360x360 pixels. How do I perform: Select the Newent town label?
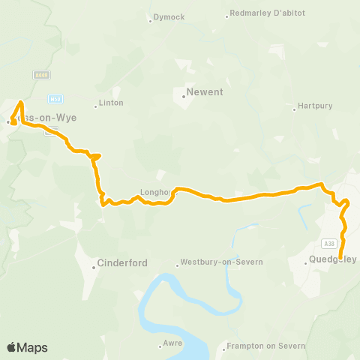[x=204, y=93]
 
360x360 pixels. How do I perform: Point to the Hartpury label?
[x=315, y=106]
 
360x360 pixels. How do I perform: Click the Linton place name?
[x=111, y=103]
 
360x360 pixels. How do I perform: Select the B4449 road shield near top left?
[x=42, y=75]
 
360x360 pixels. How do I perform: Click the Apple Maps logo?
[x=27, y=347]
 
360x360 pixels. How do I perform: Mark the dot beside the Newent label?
[x=184, y=94]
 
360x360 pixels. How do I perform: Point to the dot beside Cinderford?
[x=94, y=264]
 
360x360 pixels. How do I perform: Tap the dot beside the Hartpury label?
[x=295, y=109]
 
